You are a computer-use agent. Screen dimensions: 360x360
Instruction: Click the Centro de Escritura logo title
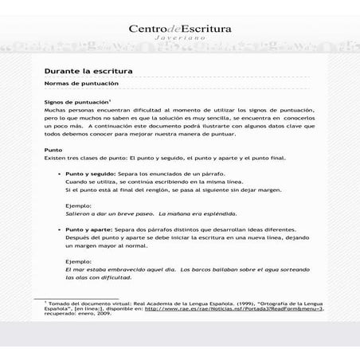[x=180, y=29]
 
